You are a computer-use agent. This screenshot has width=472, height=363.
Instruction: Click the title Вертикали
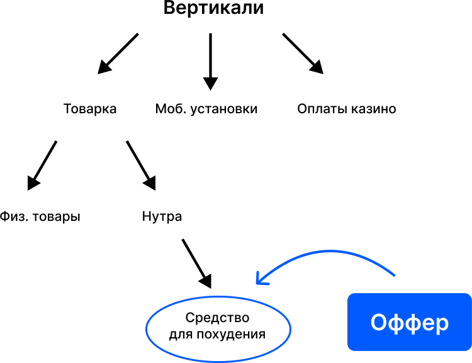(x=214, y=9)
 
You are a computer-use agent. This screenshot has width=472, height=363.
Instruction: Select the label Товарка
(x=90, y=109)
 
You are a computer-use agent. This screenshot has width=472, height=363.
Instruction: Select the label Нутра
(x=162, y=217)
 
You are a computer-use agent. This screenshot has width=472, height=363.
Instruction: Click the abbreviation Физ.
(x=13, y=217)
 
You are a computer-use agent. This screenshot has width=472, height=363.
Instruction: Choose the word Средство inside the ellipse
(x=218, y=318)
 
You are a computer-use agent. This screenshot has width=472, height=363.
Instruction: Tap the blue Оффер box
(x=409, y=322)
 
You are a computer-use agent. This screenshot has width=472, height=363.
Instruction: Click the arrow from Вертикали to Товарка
(x=118, y=52)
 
